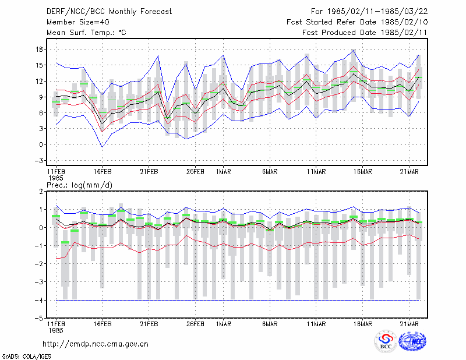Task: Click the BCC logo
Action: tap(386, 341)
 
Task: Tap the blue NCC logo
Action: tap(412, 341)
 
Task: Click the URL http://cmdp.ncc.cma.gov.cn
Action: tap(96, 344)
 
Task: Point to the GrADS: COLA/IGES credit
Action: tap(26, 357)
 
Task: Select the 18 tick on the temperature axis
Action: tap(39, 50)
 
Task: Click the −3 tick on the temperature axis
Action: tap(38, 161)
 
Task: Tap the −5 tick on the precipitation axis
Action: tap(38, 319)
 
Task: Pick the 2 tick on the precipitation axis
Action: tap(41, 192)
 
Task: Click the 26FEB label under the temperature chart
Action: tap(195, 172)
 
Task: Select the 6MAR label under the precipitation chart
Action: tap(270, 324)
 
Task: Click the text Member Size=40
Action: tap(78, 22)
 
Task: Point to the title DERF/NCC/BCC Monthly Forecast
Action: tap(109, 12)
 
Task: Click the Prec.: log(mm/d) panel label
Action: tap(79, 185)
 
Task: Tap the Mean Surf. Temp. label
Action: tap(86, 33)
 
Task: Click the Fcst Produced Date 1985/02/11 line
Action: tap(365, 33)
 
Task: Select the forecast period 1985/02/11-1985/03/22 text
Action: tap(377, 12)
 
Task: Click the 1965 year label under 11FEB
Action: tap(56, 178)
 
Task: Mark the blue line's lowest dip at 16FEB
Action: tap(103, 147)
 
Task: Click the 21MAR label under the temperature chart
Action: tap(409, 172)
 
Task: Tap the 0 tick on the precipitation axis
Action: tap(41, 228)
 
